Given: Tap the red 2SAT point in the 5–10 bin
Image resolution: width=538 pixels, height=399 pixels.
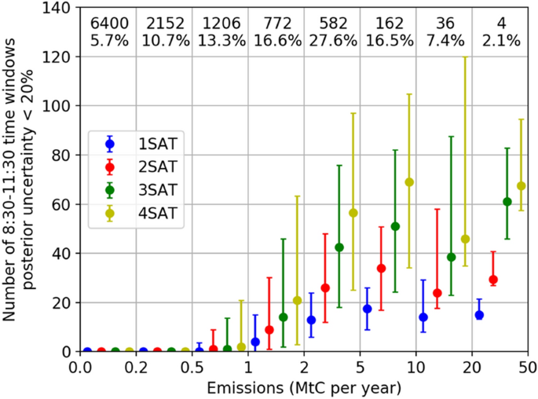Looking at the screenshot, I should [381, 268].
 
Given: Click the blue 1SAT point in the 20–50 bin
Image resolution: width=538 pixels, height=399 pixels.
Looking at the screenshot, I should [479, 315].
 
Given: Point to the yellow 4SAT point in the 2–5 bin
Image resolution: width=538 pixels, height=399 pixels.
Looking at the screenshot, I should [353, 213].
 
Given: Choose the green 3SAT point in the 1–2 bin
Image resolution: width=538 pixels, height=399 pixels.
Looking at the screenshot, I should [284, 317].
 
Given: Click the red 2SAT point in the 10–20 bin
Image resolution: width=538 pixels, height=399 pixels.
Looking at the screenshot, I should [437, 293].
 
